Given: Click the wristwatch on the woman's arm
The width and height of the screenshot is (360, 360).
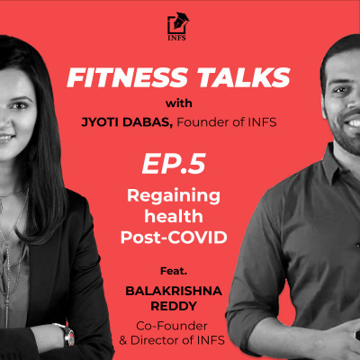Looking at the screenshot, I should tap(69, 335).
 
